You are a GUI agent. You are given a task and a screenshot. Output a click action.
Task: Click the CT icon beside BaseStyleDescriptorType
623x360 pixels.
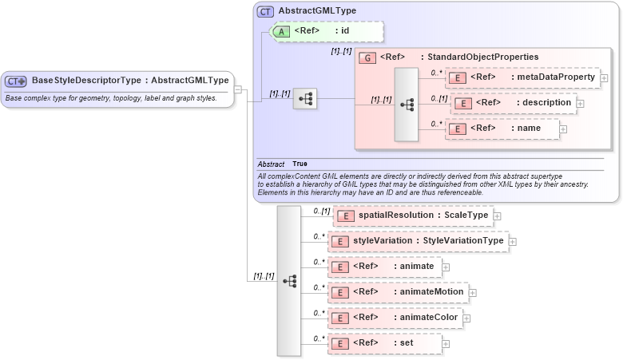(16, 81)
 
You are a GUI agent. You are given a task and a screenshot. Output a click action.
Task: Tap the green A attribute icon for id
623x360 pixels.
(282, 32)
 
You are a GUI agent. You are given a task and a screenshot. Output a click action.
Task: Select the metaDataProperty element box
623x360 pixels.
(522, 77)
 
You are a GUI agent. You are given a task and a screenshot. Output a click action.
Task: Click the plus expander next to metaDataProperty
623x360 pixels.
(605, 78)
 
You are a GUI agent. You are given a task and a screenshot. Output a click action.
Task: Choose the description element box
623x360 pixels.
(513, 103)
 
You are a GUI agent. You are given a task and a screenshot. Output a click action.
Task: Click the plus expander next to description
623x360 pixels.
(580, 103)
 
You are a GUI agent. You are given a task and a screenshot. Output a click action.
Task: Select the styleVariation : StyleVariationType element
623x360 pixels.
(418, 241)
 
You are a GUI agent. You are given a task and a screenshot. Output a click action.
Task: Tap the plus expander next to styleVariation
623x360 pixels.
(513, 242)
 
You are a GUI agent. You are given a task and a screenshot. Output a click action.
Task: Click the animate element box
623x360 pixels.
(384, 267)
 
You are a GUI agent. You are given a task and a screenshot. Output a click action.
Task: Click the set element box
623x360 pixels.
(383, 343)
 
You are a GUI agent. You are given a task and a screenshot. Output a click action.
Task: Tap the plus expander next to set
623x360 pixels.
(446, 344)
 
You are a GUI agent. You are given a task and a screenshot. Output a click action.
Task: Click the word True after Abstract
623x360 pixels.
(300, 164)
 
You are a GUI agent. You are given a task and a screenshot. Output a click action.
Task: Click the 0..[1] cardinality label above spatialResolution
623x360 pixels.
(321, 211)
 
